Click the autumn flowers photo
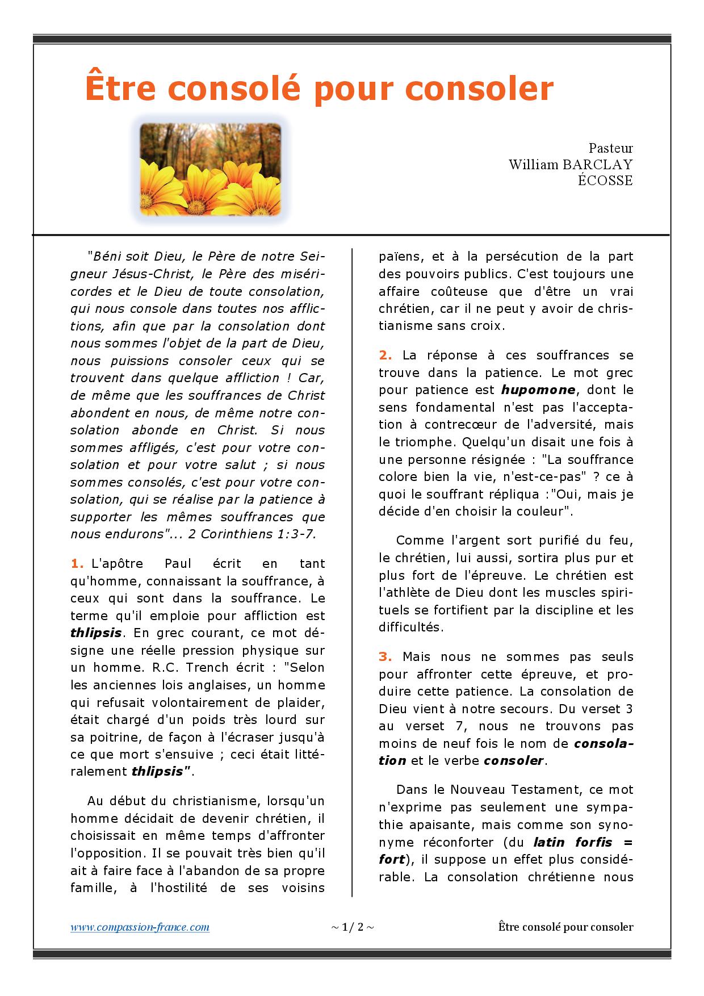211,169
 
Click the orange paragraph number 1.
77,564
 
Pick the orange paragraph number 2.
385,355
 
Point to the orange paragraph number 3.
385,657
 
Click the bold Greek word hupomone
538,390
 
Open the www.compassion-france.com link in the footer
140,927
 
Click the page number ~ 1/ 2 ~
352,927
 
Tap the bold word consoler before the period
514,761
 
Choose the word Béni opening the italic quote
107,257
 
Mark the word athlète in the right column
403,593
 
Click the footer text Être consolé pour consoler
565,927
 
